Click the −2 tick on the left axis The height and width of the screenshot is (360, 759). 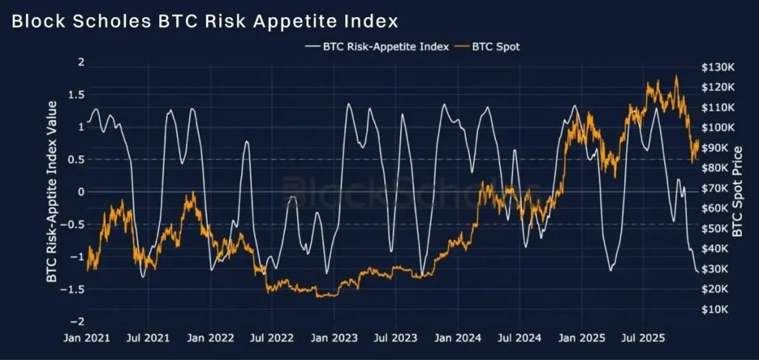click(x=78, y=321)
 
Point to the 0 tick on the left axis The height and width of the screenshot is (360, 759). click(x=81, y=192)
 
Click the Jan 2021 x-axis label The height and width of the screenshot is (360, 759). click(x=88, y=339)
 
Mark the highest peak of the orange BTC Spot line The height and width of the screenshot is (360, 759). click(x=676, y=76)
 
